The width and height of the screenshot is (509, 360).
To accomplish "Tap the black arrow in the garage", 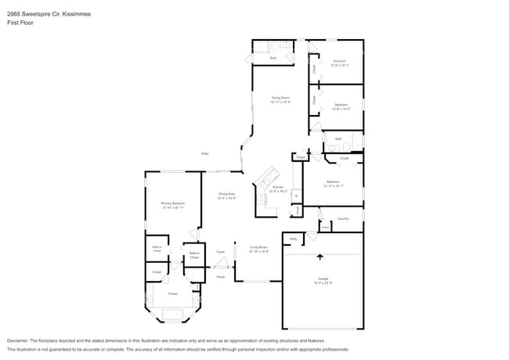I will [319, 256].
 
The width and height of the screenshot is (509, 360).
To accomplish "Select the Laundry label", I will [343, 218].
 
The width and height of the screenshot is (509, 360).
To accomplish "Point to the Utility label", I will [293, 239].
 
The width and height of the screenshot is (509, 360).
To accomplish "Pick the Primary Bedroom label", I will [172, 205].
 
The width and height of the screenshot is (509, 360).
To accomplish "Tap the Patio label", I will [204, 153].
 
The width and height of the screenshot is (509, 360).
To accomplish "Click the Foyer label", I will [221, 251].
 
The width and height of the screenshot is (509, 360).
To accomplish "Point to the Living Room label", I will [258, 249].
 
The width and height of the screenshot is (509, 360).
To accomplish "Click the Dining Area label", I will [227, 196].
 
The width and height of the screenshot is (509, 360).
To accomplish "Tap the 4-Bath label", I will [172, 293].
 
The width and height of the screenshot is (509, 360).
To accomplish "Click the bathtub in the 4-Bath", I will [172, 315].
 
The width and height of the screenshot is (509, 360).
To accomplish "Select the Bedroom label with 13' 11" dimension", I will [333, 183].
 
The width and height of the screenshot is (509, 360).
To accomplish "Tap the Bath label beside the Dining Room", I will [273, 58].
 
